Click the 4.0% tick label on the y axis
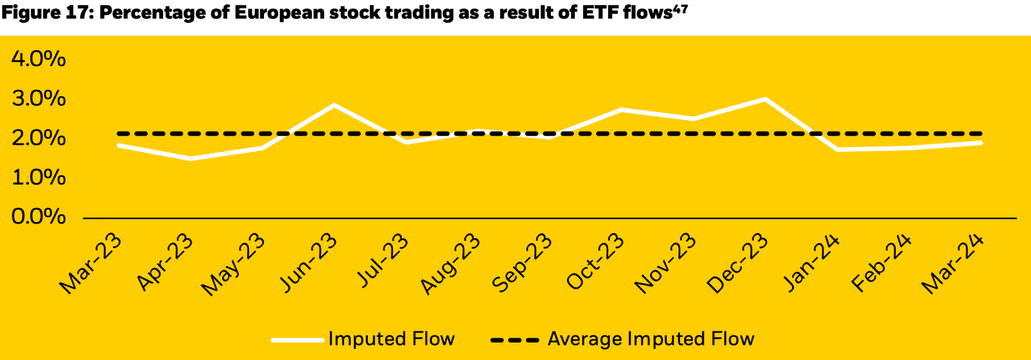click(38, 60)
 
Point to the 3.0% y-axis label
click(38, 100)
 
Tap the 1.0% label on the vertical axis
click(38, 178)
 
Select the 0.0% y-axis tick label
click(38, 218)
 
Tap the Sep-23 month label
click(523, 261)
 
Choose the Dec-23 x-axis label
click(738, 261)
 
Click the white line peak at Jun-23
click(334, 105)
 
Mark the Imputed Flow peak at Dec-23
click(765, 99)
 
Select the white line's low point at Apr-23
click(191, 159)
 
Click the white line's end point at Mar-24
click(981, 143)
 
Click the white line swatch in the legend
click(297, 340)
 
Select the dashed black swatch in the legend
click(515, 340)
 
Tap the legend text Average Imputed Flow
click(651, 339)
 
